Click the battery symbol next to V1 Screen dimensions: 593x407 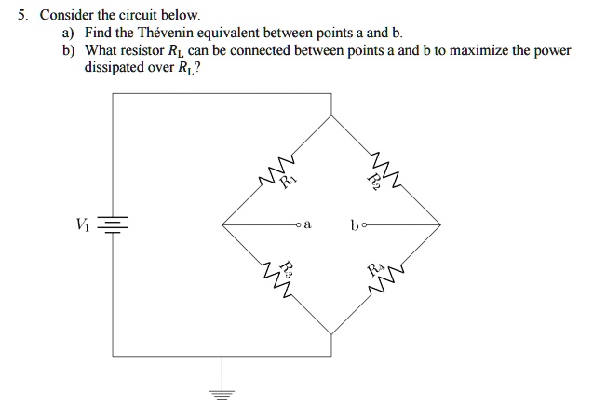[114, 225]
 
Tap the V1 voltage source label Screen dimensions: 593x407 [86, 224]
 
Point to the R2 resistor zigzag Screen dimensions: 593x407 [385, 168]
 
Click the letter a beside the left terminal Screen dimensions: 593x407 [307, 225]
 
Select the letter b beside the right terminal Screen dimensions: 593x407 [357, 224]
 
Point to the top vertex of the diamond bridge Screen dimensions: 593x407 [331, 116]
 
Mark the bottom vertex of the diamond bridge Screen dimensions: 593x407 [331, 333]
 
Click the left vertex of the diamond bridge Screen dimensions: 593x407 [222, 225]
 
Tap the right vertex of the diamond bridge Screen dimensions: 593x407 [440, 225]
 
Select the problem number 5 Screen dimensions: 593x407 [20, 15]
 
